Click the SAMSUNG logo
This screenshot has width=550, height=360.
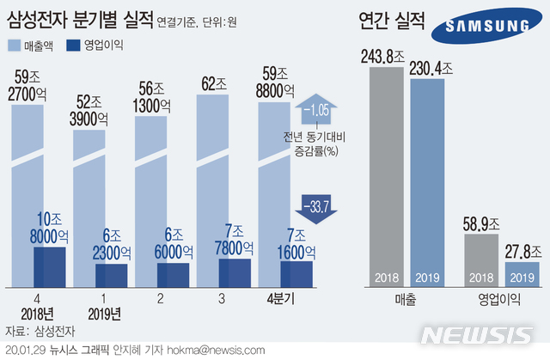486,29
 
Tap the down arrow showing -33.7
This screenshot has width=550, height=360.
315,205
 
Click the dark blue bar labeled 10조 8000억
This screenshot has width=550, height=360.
50,266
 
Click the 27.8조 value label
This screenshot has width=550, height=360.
522,250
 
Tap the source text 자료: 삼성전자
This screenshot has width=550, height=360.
40,330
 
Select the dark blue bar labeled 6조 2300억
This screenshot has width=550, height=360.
112,274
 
